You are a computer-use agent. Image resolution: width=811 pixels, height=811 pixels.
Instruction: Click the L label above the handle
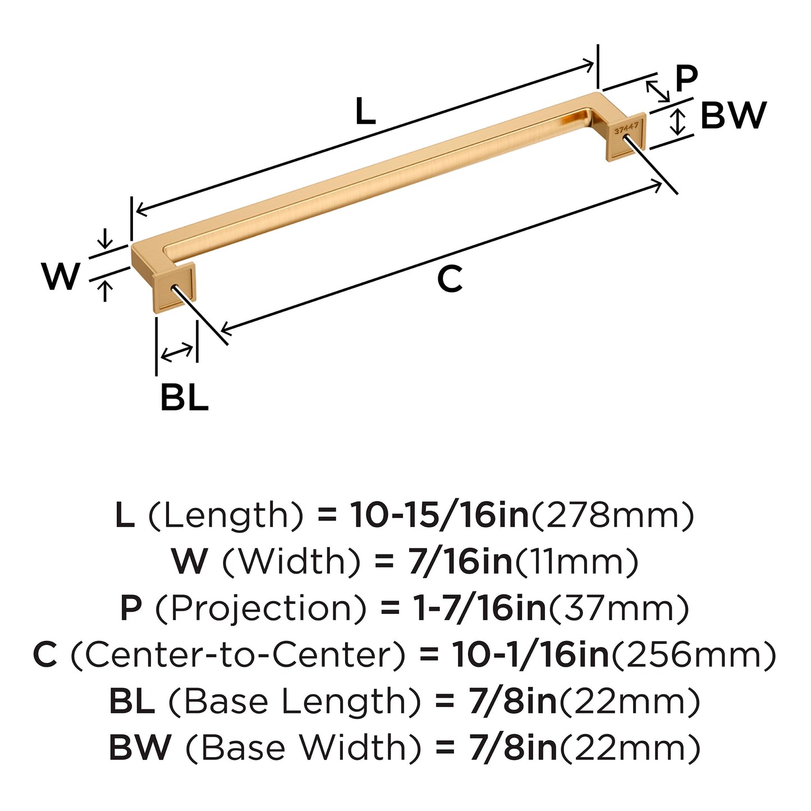pyautogui.click(x=365, y=111)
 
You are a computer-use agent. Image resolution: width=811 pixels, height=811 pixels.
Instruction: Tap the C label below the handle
pyautogui.click(x=450, y=279)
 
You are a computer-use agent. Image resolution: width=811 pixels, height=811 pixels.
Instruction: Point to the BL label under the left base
pyautogui.click(x=184, y=397)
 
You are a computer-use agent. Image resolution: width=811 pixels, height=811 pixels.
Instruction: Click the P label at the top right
pyautogui.click(x=686, y=78)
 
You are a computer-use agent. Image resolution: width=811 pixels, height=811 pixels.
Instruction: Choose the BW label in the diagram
pyautogui.click(x=733, y=116)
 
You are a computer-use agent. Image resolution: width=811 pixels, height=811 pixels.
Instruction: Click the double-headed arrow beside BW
pyautogui.click(x=679, y=122)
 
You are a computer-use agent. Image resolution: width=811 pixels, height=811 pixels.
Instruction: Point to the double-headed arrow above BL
pyautogui.click(x=177, y=352)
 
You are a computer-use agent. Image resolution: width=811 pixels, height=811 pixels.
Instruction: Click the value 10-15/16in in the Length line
pyautogui.click(x=439, y=515)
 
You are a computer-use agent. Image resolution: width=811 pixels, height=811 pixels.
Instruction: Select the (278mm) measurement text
pyautogui.click(x=612, y=515)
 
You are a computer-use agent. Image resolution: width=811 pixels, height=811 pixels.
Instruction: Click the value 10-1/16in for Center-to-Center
pyautogui.click(x=530, y=654)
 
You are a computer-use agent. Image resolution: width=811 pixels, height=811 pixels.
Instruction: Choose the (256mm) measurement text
pyautogui.click(x=694, y=654)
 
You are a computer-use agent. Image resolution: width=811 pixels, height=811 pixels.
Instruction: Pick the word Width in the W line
pyautogui.click(x=291, y=561)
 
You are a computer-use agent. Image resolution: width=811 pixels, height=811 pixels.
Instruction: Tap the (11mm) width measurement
pyautogui.click(x=576, y=561)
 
